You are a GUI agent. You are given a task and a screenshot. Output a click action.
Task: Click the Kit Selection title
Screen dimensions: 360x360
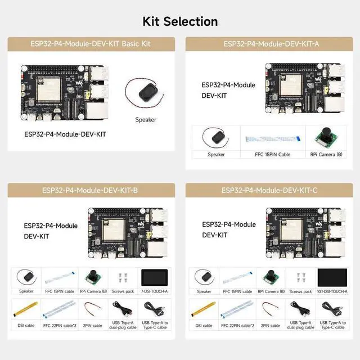(x=180, y=21)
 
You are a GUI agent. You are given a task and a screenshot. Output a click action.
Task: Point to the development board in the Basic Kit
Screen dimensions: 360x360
(x=64, y=92)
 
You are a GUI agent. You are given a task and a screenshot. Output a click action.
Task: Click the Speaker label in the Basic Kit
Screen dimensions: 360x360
(x=145, y=119)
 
